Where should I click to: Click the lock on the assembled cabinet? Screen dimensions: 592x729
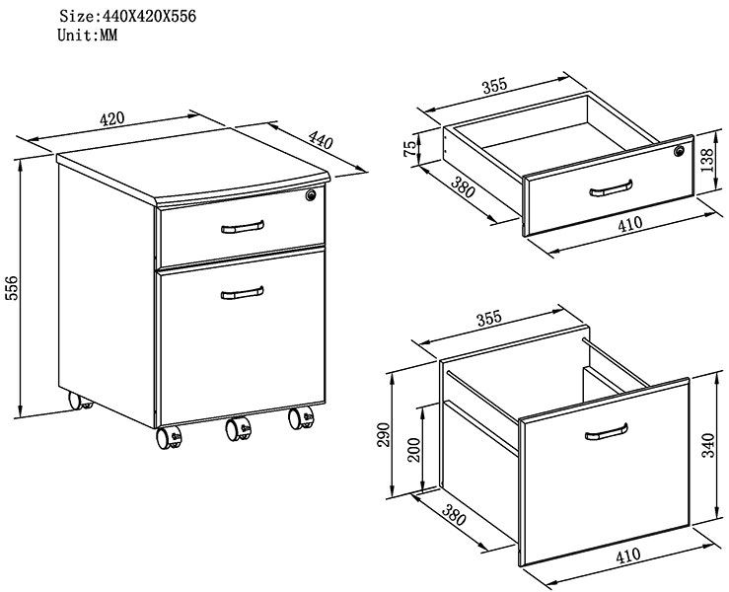tap(312, 196)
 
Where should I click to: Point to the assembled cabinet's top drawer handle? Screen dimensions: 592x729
tap(243, 228)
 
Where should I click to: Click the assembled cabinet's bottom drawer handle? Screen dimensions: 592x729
tap(242, 291)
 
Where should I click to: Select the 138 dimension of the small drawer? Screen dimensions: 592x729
tap(707, 159)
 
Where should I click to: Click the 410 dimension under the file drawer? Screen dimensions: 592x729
tap(627, 556)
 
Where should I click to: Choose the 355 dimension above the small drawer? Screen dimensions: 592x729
tap(494, 86)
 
